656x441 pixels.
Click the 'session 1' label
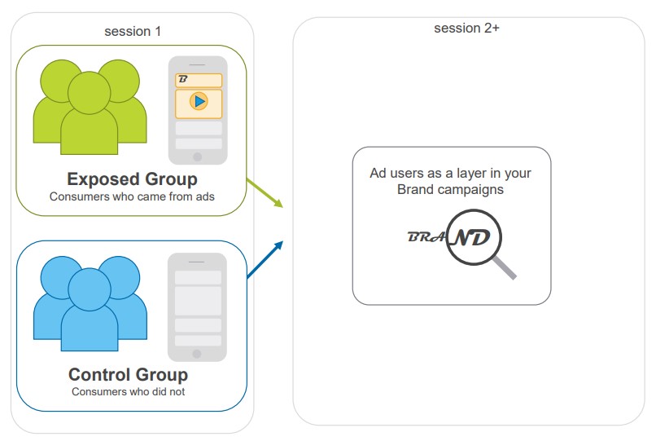[133, 32]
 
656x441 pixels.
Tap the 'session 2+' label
[466, 28]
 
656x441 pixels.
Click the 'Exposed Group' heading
[132, 179]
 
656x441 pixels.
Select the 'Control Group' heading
[128, 375]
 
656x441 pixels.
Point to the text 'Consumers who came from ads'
[131, 196]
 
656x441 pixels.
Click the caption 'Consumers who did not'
[128, 391]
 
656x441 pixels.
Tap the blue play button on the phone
[198, 101]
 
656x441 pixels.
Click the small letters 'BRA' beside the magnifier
[426, 237]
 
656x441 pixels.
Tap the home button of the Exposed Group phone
[197, 155]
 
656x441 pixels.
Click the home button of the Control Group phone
[197, 353]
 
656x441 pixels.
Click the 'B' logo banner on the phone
[198, 80]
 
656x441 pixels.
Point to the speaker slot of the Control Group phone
[197, 261]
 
